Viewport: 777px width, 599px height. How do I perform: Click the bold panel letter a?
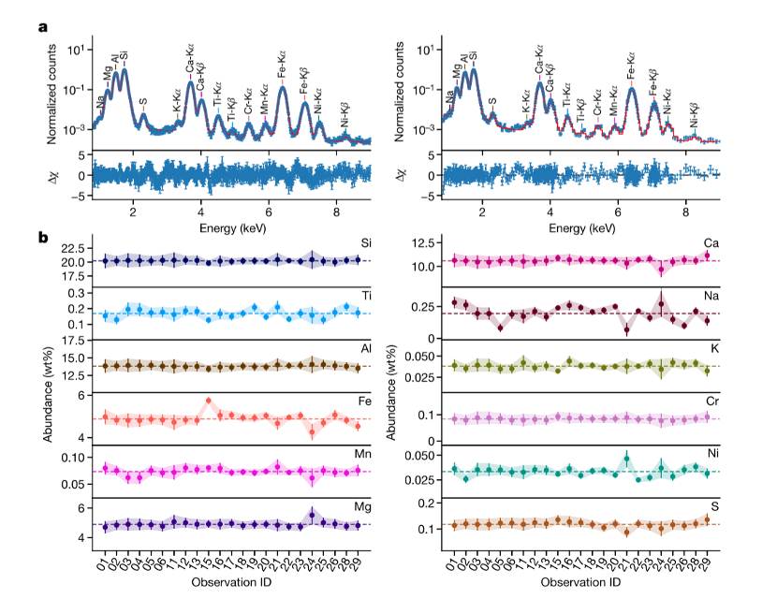pyautogui.click(x=42, y=25)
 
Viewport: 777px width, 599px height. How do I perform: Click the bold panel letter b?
pyautogui.click(x=43, y=238)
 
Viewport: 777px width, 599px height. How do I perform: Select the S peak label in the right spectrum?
pyautogui.click(x=492, y=99)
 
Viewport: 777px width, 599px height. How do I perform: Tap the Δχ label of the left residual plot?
pyautogui.click(x=55, y=175)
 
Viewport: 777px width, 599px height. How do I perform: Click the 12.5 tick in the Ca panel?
pyautogui.click(x=421, y=243)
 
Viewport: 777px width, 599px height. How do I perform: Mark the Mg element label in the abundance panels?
pyautogui.click(x=360, y=507)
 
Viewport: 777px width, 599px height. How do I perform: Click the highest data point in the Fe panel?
pyautogui.click(x=208, y=401)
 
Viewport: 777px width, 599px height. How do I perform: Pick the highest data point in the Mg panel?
pyautogui.click(x=311, y=514)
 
